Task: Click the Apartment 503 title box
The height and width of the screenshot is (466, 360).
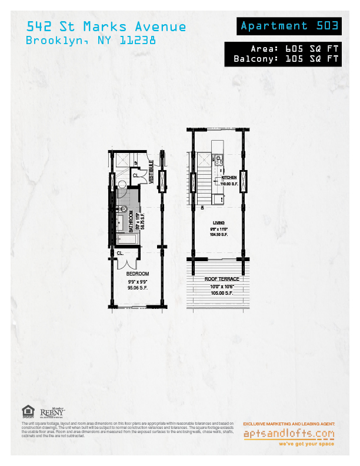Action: point(289,26)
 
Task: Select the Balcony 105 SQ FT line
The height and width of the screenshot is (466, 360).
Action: point(286,59)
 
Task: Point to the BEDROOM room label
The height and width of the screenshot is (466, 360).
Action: point(138,274)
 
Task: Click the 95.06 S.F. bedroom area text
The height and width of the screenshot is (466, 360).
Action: point(138,289)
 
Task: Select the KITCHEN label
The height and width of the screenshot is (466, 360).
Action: point(229,177)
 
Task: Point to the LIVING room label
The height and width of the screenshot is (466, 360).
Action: point(218,222)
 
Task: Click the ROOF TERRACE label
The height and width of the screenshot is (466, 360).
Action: point(218,279)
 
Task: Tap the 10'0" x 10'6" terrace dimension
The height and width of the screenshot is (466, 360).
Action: point(218,286)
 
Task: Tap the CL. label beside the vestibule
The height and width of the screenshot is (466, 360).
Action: point(135,175)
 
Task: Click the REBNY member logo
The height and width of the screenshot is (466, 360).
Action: point(52,412)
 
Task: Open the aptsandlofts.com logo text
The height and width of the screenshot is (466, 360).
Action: point(289,434)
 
